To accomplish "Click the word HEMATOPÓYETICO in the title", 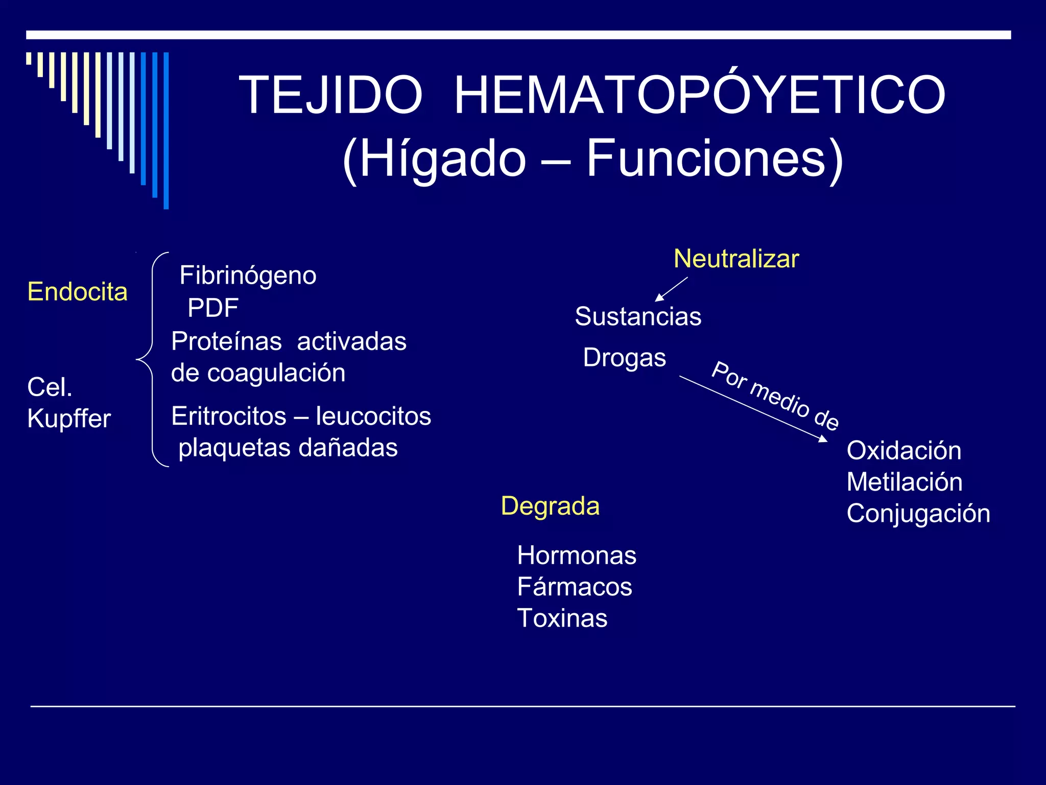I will (700, 95).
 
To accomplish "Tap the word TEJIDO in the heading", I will (331, 95).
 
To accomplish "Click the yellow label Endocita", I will (77, 292).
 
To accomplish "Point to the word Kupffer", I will (69, 419).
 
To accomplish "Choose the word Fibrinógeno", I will (248, 276).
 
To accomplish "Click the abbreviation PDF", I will (213, 308).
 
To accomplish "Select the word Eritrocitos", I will (229, 416).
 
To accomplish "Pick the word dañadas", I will (348, 448).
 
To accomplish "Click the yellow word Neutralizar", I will (736, 259).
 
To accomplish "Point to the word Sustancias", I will (638, 316).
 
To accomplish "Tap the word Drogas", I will (624, 358).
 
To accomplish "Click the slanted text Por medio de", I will (775, 396).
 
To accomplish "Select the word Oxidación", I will (904, 451).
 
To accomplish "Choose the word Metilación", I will (905, 482).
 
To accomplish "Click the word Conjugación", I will (918, 514).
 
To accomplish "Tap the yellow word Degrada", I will (550, 506).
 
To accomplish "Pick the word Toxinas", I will (562, 618).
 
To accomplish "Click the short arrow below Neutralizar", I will (671, 289).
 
